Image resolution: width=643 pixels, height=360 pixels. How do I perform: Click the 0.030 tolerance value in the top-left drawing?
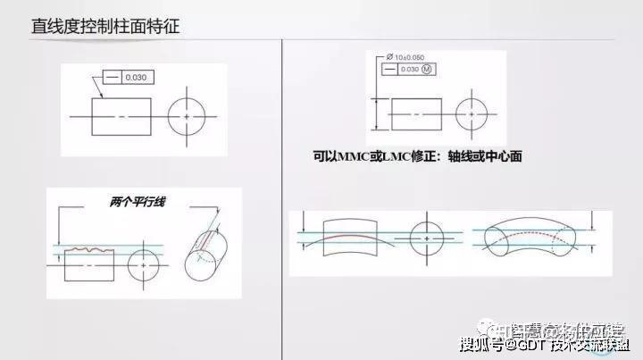(x=136, y=78)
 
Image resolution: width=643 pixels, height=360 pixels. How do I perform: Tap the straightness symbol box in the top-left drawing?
(x=113, y=78)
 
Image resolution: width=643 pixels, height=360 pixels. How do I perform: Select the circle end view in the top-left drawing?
(x=186, y=117)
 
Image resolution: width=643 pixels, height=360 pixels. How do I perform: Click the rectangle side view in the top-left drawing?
(x=121, y=117)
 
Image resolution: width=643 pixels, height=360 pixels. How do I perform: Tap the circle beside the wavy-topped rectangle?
(x=144, y=265)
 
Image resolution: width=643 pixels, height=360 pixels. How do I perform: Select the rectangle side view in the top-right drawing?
(x=416, y=114)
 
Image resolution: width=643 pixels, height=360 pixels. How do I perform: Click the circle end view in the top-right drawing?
(x=472, y=114)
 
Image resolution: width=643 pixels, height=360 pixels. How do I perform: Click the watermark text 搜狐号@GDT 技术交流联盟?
(x=544, y=344)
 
